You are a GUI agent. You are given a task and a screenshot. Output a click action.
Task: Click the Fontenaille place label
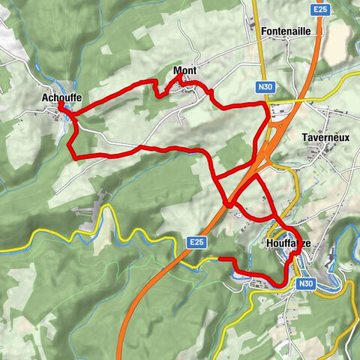(x=288, y=31)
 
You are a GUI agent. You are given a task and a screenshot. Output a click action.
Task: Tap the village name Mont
(x=184, y=71)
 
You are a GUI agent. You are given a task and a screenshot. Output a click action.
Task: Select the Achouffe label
(x=62, y=97)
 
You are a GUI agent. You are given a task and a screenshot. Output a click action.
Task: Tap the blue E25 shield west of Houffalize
(x=196, y=242)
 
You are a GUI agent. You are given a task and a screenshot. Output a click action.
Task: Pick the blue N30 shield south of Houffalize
(x=304, y=283)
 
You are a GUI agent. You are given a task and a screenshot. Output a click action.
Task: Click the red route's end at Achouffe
(x=61, y=107)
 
